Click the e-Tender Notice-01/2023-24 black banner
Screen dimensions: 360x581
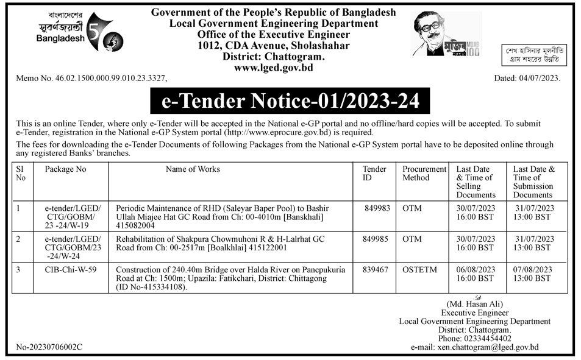click(290, 101)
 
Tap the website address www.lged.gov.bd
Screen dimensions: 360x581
click(273, 68)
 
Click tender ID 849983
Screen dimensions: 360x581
click(378, 208)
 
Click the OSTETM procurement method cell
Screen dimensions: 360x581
click(418, 269)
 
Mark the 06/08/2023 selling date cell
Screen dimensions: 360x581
click(475, 274)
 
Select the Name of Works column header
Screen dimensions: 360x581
click(193, 169)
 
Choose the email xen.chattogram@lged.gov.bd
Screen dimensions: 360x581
click(488, 347)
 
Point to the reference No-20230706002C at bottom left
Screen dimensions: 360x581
click(49, 347)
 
